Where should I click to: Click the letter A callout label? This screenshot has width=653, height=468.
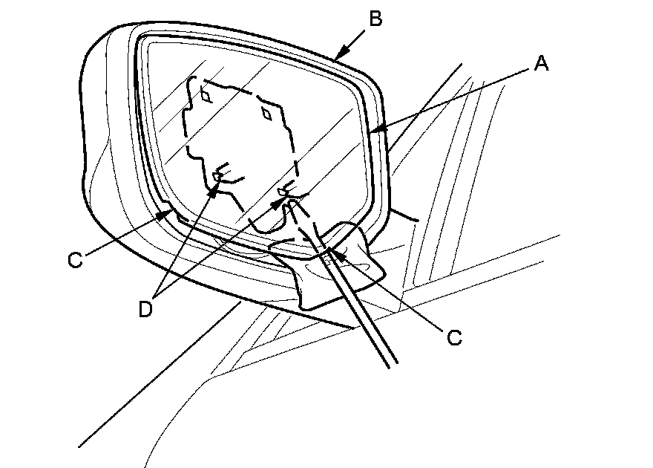coord(541,65)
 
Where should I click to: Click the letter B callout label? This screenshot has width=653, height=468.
coord(375,19)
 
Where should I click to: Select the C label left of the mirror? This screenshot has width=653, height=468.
coord(74,261)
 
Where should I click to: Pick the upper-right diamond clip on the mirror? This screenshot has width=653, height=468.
coord(266,113)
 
